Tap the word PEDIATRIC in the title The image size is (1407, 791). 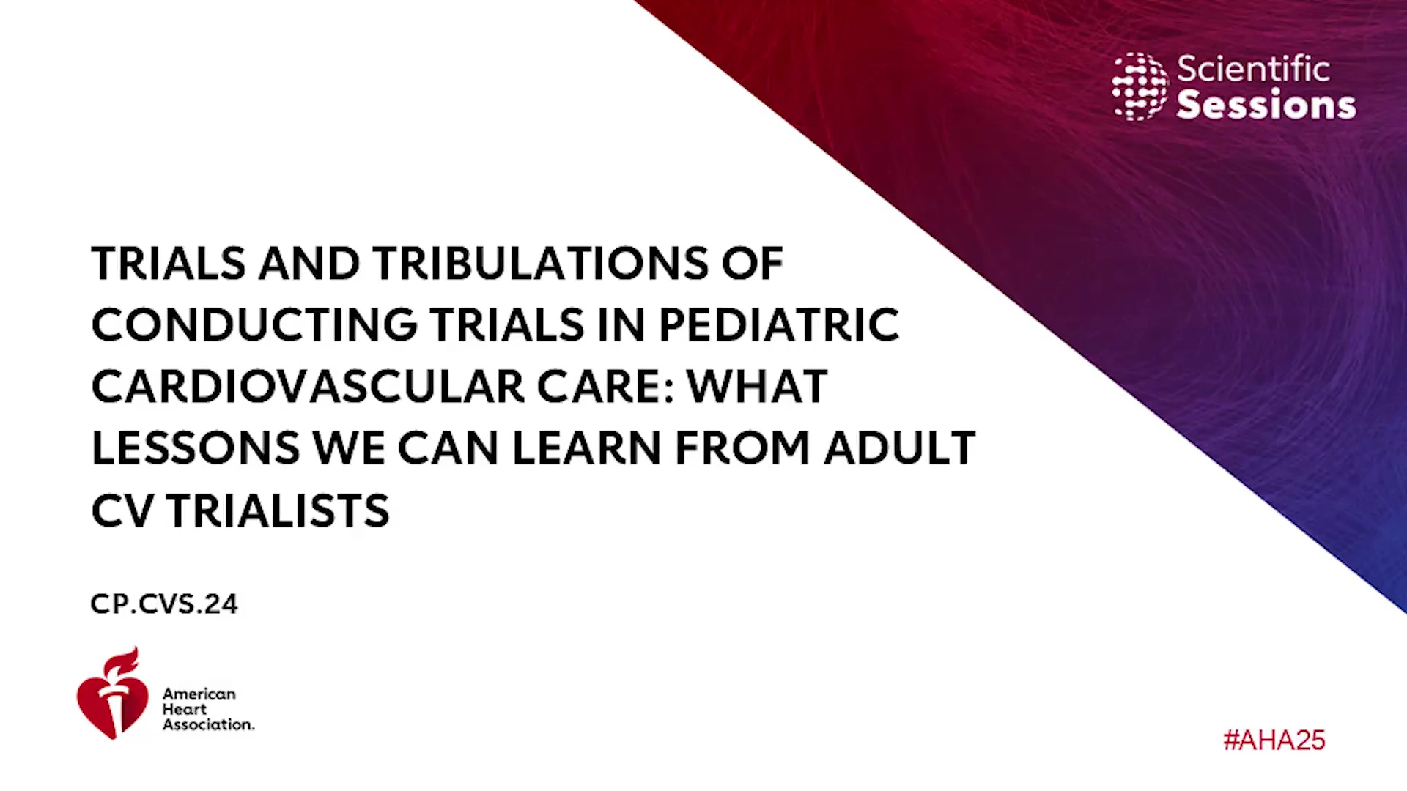click(779, 325)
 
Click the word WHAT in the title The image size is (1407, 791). click(757, 387)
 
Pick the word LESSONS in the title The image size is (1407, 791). click(196, 448)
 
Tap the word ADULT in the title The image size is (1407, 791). click(900, 448)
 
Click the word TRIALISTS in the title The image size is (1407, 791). click(278, 510)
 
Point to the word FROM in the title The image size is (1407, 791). click(742, 448)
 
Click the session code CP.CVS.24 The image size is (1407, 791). click(164, 604)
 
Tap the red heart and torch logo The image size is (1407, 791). click(112, 693)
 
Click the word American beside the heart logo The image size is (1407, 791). click(199, 694)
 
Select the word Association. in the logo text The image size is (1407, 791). click(208, 724)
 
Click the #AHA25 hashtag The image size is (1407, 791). click(1274, 740)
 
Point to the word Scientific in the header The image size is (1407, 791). click(1253, 69)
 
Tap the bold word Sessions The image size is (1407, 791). click(1266, 105)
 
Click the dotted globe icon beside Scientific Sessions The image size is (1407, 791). click(1140, 86)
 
